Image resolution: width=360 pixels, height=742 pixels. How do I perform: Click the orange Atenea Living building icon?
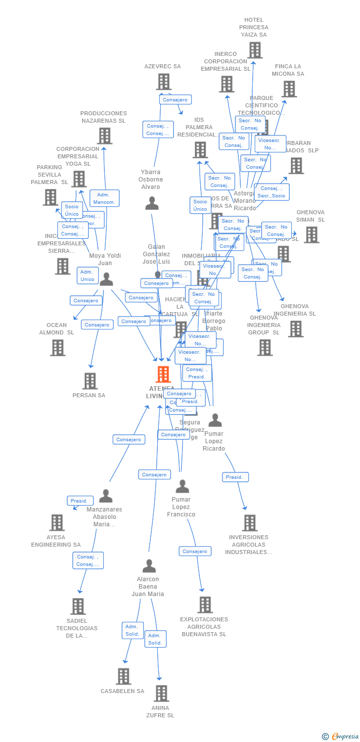coord(163,374)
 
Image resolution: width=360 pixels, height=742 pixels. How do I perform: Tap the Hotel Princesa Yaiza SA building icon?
coord(255,50)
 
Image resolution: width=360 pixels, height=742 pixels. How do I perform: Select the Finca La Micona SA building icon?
coord(289,89)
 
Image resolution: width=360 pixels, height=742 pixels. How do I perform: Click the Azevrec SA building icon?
coord(164,82)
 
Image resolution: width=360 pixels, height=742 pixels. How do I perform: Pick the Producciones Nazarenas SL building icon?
coord(104,136)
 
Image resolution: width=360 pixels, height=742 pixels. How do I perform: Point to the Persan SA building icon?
coord(90,381)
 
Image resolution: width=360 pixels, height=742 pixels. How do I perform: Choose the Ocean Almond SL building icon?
coord(57,348)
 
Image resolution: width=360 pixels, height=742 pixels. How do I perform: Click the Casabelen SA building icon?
coord(123,676)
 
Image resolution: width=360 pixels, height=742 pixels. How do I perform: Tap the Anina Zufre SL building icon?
coord(161,694)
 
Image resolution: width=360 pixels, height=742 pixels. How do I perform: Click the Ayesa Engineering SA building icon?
coord(57,522)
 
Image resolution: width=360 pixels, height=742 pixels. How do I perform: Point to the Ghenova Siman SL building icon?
coord(312,234)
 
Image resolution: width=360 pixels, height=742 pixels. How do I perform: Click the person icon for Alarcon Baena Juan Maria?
coord(149,566)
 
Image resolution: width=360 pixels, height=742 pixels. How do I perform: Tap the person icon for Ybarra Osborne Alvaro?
coord(152,203)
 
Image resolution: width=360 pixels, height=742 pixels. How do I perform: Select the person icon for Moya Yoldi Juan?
coord(106,279)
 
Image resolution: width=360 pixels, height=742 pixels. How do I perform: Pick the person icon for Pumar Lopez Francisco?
coord(182,486)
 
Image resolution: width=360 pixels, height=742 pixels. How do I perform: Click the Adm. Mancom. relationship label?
coord(104,198)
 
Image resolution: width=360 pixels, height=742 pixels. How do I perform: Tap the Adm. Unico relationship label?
coord(87,276)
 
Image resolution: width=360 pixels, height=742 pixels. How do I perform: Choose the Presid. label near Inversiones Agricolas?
coord(235,477)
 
